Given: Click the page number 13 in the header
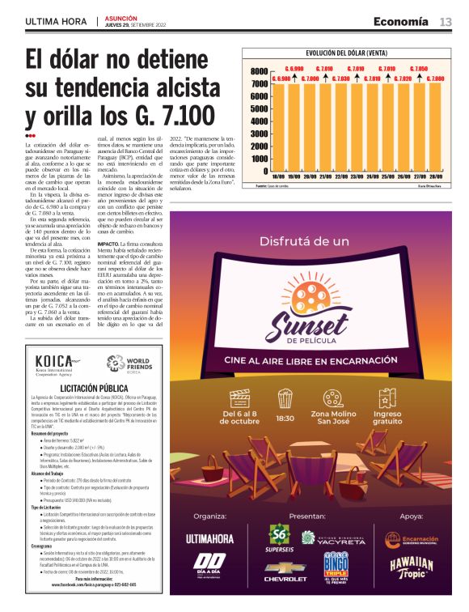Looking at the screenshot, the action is [446, 21].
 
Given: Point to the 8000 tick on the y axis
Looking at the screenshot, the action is [259, 71].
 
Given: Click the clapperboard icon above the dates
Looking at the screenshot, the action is [239, 397].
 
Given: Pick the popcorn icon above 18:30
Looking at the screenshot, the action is [285, 397].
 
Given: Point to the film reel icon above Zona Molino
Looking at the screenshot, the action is [332, 397].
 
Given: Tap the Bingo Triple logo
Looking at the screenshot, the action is [335, 562].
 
